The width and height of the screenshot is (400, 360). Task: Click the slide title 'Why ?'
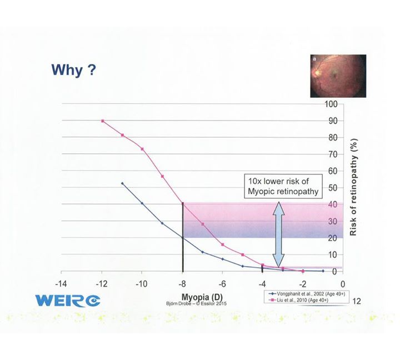[x=74, y=69]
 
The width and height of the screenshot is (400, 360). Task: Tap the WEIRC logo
[x=68, y=301]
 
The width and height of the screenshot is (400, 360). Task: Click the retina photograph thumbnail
[x=338, y=76]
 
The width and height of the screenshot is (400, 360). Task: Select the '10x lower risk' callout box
[x=283, y=186]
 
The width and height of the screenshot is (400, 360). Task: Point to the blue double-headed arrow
[x=278, y=234]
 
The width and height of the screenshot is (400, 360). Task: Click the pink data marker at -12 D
[x=103, y=121]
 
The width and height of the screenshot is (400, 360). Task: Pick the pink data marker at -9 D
[x=162, y=176]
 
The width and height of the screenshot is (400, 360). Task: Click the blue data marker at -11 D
[x=122, y=183]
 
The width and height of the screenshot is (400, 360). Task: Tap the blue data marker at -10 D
[x=142, y=203]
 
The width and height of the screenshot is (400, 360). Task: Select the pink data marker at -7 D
[x=203, y=224]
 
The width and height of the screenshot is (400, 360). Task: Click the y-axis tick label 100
[x=331, y=104]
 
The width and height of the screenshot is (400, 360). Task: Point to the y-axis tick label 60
[x=333, y=171]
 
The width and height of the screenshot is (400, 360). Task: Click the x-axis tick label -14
[x=61, y=284]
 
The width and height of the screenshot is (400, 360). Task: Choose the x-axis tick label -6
[x=222, y=284]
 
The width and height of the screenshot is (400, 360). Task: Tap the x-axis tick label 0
[x=343, y=284]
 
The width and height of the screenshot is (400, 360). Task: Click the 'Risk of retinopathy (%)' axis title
[x=353, y=188]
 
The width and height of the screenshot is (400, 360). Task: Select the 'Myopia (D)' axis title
[x=202, y=297]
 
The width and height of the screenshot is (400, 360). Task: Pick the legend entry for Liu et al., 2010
[x=298, y=300]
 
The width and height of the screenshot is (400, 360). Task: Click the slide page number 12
[x=357, y=301]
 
